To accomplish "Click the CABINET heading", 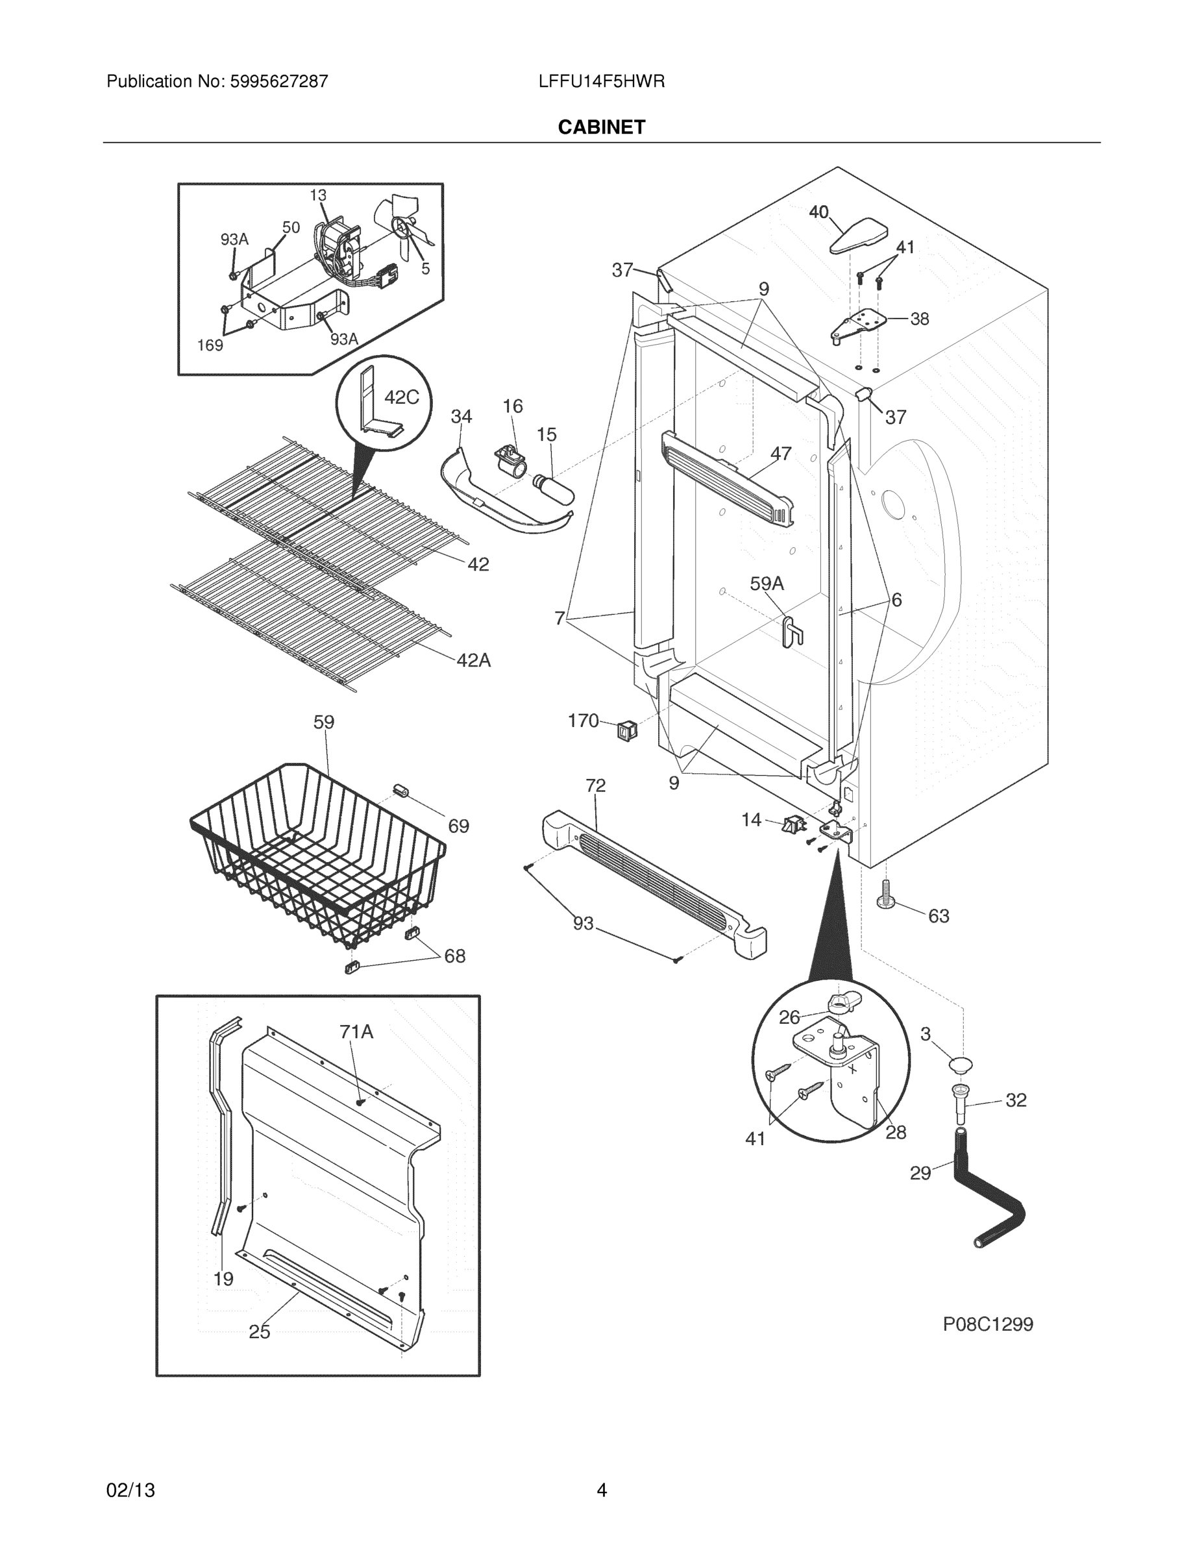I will pos(601,127).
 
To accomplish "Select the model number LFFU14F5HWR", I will pos(601,81).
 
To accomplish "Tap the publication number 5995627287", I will pos(279,81).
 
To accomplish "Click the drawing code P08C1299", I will pos(987,1325).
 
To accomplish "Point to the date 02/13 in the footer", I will pos(130,1491).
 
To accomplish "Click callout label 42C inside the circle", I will pos(402,397).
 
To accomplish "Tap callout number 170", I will pos(583,721).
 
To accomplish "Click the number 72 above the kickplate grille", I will pos(596,785).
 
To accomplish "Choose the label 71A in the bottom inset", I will pos(356,1032).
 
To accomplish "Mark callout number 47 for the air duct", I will pos(780,453).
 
